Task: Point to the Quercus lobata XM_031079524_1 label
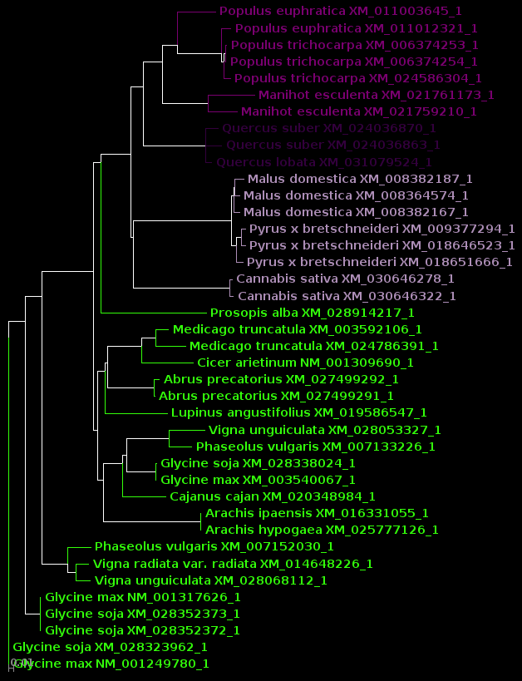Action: (324, 162)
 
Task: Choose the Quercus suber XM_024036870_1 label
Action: (329, 129)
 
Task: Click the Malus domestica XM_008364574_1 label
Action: (356, 195)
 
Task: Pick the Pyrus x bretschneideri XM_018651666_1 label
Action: (380, 262)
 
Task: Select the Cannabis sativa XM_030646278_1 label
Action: (345, 279)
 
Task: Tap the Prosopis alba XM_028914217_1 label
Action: (312, 313)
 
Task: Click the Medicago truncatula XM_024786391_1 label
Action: (314, 346)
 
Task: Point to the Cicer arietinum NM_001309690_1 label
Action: (305, 363)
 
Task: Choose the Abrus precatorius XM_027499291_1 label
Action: (277, 396)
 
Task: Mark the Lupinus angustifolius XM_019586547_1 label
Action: (299, 412)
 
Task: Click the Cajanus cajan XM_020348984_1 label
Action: (273, 496)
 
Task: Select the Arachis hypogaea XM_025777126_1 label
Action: (322, 530)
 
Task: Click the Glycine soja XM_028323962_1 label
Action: (110, 647)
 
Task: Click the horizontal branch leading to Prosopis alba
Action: (154, 313)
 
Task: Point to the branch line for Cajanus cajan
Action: (145, 496)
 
